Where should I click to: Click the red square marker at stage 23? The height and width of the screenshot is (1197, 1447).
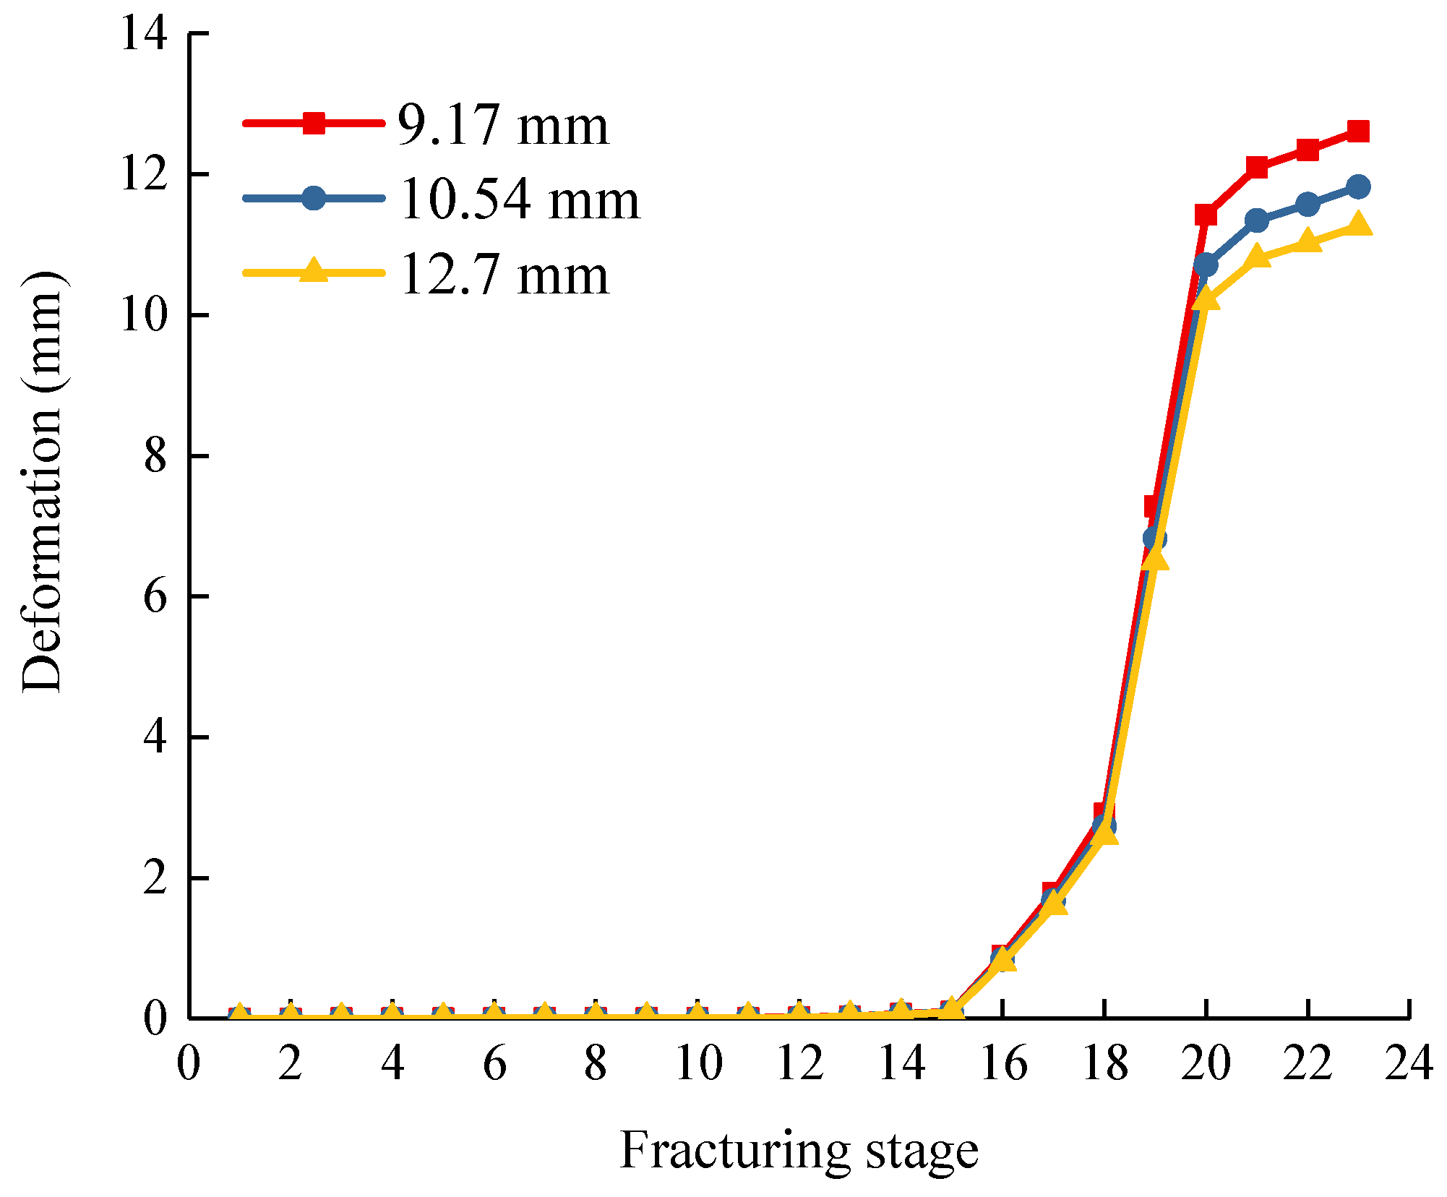[x=1358, y=132]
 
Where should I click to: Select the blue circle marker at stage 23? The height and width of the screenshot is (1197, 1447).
[x=1358, y=186]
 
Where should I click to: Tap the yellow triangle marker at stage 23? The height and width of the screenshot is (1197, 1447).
[x=1358, y=224]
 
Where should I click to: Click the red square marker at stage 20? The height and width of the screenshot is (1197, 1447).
[x=1206, y=215]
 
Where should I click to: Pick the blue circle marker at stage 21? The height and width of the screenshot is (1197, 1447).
[x=1257, y=220]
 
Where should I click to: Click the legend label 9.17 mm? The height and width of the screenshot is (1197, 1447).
[x=503, y=126]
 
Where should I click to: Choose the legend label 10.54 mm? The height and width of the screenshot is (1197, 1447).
[x=519, y=199]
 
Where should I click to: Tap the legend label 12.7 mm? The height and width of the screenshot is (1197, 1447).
[x=504, y=275]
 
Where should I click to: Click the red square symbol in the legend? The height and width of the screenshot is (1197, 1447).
[x=313, y=123]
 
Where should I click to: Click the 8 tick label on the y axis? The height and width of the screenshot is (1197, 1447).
[x=155, y=456]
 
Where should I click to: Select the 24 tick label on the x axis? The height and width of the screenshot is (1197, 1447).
[x=1408, y=1064]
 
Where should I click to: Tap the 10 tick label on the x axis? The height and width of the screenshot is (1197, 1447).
[x=698, y=1064]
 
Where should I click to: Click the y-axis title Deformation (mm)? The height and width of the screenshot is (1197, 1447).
[x=42, y=483]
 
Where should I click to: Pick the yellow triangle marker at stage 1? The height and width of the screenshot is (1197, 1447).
[x=239, y=1014]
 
